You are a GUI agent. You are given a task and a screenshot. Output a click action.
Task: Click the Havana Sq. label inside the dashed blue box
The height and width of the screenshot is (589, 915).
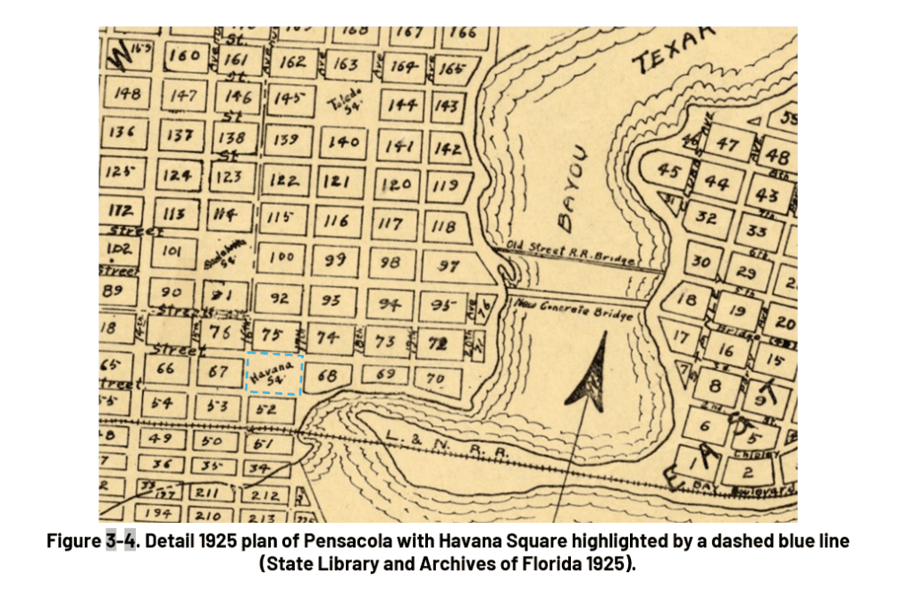point(274,374)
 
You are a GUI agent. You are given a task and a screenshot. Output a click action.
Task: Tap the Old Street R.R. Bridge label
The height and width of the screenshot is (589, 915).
point(570,254)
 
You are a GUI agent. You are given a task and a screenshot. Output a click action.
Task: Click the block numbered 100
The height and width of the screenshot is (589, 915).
point(281,257)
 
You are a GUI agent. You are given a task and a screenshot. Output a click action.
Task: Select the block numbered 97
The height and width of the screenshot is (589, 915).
point(449,265)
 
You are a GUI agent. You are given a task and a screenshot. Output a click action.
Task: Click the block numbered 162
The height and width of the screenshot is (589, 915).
point(292,63)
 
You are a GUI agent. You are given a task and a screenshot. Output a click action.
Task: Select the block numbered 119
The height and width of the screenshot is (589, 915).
point(444,187)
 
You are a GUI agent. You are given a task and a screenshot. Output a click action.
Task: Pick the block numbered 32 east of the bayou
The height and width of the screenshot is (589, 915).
point(707,217)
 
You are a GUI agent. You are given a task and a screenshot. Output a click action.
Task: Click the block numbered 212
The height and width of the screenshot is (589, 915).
point(265,494)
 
